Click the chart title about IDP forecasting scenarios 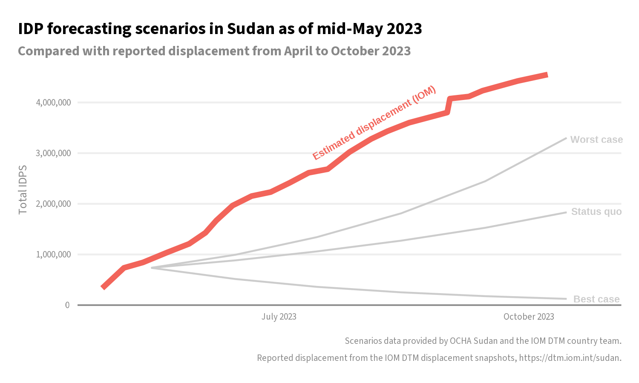click(220, 29)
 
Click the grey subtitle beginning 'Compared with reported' click(214, 51)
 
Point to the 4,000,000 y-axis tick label click(53, 103)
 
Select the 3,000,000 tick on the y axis click(53, 153)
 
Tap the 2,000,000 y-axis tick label click(53, 204)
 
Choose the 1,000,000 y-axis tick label click(53, 254)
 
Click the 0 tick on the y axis click(67, 305)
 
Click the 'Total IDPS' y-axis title click(23, 189)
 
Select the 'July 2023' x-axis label click(279, 317)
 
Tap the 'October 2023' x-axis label click(528, 317)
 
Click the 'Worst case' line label click(596, 140)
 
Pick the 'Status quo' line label click(596, 212)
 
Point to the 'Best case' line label click(596, 299)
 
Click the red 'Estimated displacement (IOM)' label click(374, 123)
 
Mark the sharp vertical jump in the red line click(448, 106)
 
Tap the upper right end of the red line click(547, 75)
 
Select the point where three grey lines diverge click(152, 268)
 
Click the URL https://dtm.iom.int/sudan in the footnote click(569, 358)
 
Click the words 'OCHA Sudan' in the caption click(473, 341)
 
